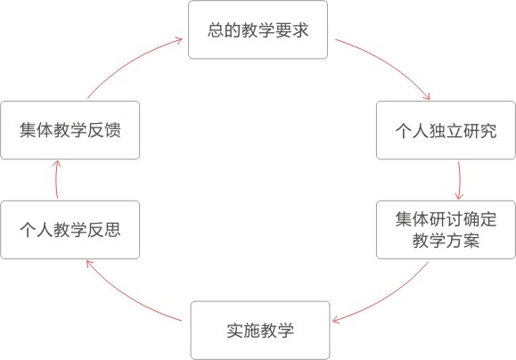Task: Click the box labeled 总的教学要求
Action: (x=258, y=29)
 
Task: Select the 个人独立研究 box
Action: (x=446, y=130)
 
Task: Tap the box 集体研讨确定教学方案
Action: (x=446, y=230)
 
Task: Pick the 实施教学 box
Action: (x=260, y=330)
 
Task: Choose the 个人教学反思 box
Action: (x=70, y=230)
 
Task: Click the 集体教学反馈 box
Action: (x=70, y=130)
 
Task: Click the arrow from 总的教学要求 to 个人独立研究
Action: (x=388, y=62)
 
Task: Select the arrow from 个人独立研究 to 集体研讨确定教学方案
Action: (x=459, y=180)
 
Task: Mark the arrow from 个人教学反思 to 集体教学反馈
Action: (x=57, y=179)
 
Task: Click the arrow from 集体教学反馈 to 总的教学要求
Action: (x=130, y=63)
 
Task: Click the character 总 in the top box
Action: (x=216, y=30)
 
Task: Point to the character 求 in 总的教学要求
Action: (x=300, y=30)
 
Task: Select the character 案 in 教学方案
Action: (x=471, y=241)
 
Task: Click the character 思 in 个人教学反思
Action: (x=112, y=230)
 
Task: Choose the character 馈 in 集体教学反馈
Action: (x=112, y=130)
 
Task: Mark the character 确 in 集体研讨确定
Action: (x=471, y=219)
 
